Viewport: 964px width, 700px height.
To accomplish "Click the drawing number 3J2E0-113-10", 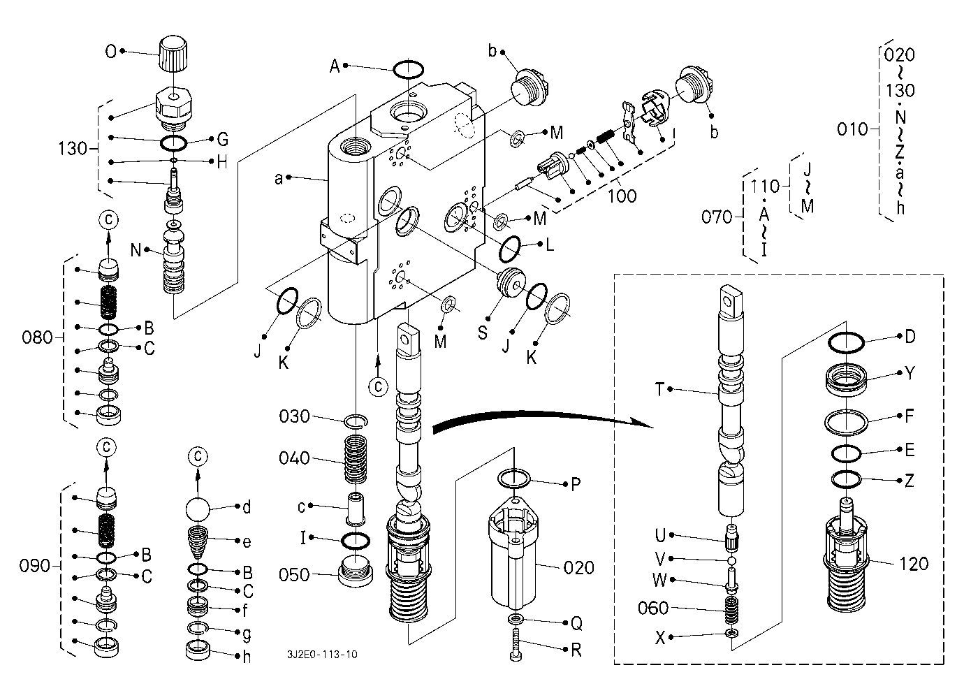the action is coord(322,655).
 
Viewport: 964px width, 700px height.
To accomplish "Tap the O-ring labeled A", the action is coord(408,69).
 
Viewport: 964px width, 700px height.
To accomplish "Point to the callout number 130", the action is coord(73,149).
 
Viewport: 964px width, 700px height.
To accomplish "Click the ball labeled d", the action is coord(198,510).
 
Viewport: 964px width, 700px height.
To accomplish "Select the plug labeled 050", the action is coord(356,571).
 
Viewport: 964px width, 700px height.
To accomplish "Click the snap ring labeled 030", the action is coord(356,421).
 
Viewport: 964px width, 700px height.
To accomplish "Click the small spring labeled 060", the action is coord(732,610).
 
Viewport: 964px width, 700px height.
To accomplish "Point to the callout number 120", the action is coord(914,564).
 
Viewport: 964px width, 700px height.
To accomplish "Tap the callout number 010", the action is coord(852,129).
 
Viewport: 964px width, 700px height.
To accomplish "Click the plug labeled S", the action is coord(510,283).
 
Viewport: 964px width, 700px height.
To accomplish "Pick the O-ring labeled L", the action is coord(510,249).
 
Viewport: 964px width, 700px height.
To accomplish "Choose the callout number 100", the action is coord(622,196).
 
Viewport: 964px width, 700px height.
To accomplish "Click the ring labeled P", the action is coord(514,479).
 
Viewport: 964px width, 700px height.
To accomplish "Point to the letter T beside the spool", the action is coord(659,390).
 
